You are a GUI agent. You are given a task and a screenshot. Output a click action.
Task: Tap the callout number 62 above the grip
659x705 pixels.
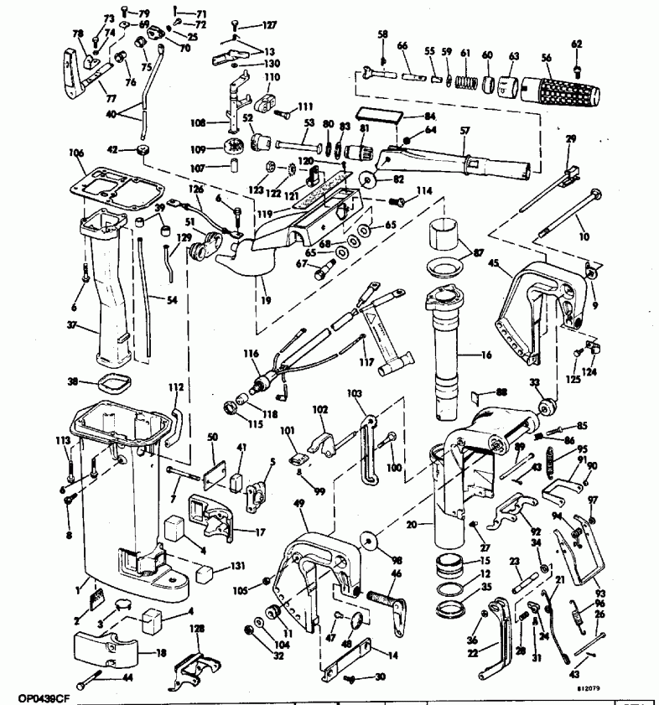click(576, 44)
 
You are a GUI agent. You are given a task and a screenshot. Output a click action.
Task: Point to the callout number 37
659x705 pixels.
click(73, 326)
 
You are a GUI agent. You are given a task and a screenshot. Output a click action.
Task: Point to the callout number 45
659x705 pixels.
click(495, 264)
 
